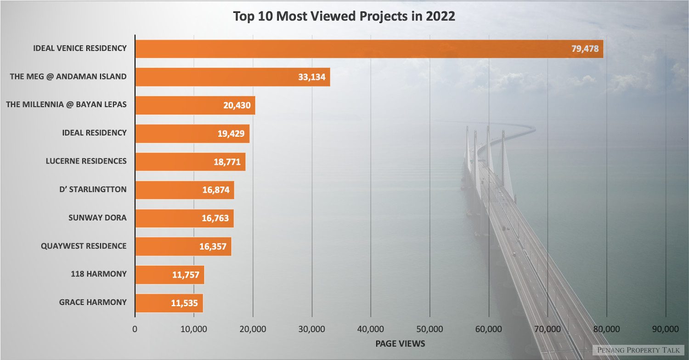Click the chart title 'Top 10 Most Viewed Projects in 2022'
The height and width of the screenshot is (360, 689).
[344, 16]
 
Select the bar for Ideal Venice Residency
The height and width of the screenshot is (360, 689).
[349, 49]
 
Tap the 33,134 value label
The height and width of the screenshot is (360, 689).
[311, 77]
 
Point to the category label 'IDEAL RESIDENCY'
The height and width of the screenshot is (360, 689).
[94, 133]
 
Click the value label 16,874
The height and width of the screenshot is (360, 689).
[216, 190]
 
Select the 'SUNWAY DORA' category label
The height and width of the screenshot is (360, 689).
[97, 218]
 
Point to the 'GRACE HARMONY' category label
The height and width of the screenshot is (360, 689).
[93, 302]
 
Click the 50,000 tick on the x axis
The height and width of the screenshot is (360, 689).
[429, 329]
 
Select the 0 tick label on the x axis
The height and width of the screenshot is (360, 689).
[135, 329]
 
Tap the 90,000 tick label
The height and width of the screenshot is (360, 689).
[665, 329]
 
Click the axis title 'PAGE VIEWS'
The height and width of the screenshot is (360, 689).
[400, 343]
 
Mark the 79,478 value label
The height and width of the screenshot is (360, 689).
[585, 49]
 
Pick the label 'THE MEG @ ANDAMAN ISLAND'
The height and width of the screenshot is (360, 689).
[68, 76]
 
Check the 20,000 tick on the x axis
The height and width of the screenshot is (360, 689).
[253, 329]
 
